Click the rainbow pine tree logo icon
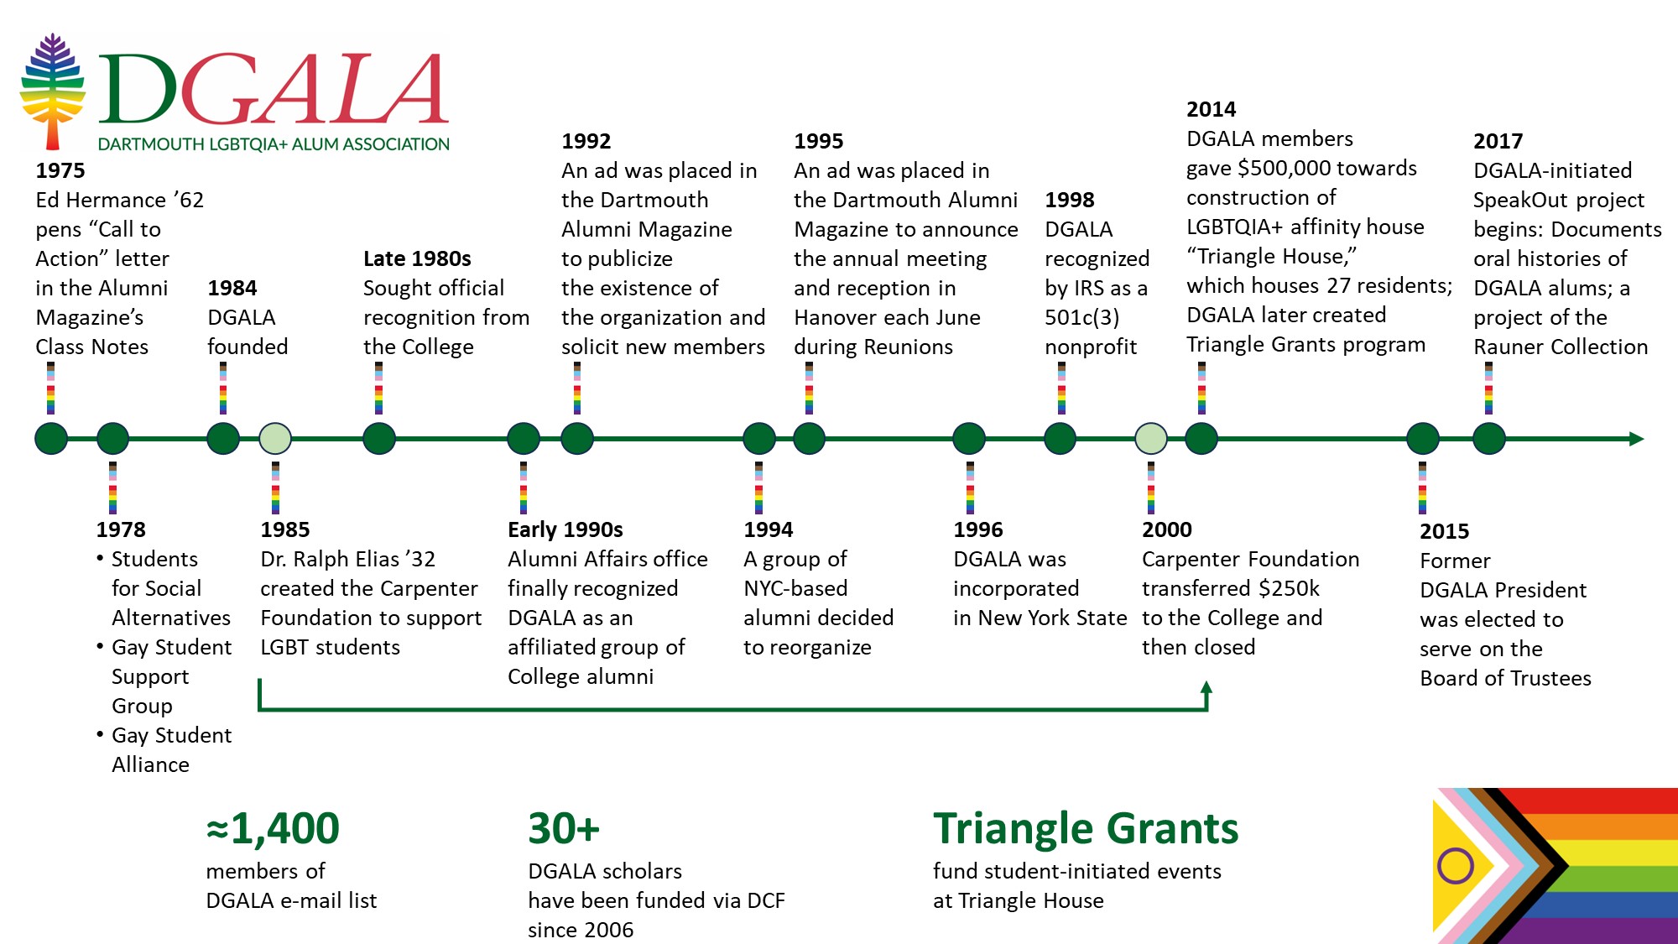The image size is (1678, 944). [x=53, y=91]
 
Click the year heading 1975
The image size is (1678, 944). [x=60, y=170]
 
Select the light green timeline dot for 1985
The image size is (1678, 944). [x=275, y=438]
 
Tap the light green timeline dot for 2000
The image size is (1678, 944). [x=1151, y=438]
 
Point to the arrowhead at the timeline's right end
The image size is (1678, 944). [x=1636, y=438]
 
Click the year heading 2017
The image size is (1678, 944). [x=1498, y=141]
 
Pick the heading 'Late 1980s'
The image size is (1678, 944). [x=417, y=258]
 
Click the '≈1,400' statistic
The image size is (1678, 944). [x=273, y=828]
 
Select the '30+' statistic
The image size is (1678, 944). [x=564, y=828]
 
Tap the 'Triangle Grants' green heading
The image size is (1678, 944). [x=1086, y=828]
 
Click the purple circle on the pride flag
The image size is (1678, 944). [x=1456, y=865]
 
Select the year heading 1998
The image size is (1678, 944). [x=1070, y=200]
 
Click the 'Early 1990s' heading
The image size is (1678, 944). [x=565, y=529]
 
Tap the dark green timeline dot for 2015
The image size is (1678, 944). [x=1423, y=438]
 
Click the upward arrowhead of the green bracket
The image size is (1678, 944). [x=1206, y=689]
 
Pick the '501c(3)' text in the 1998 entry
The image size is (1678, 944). [x=1081, y=317]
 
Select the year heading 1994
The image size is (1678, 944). [x=768, y=529]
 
